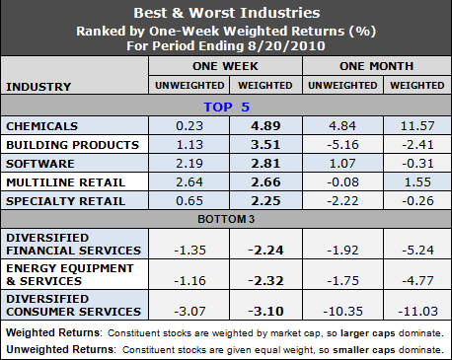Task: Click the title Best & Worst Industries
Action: click(225, 14)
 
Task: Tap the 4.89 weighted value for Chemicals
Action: click(265, 127)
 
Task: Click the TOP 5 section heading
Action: click(225, 107)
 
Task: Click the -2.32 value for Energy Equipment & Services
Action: click(265, 274)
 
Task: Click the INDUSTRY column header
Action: click(39, 87)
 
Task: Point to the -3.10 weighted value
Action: click(265, 308)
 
